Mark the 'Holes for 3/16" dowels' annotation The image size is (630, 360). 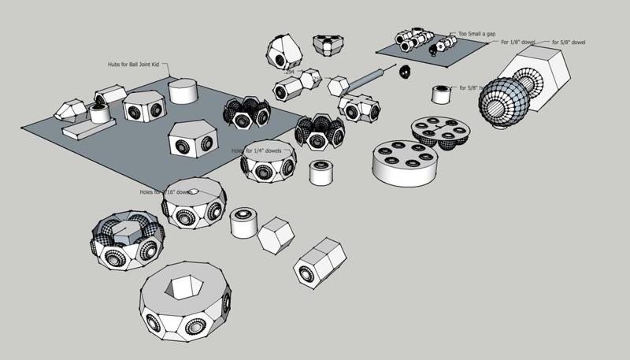[165, 191]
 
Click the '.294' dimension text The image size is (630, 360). [290, 72]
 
